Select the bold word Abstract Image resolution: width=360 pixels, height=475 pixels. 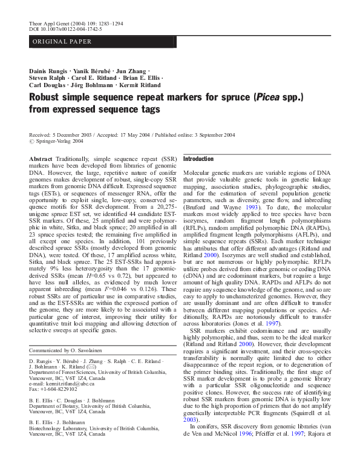point(41,158)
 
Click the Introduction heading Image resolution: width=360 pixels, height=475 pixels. point(198,159)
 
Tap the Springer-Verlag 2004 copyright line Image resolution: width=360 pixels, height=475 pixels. point(54,141)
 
